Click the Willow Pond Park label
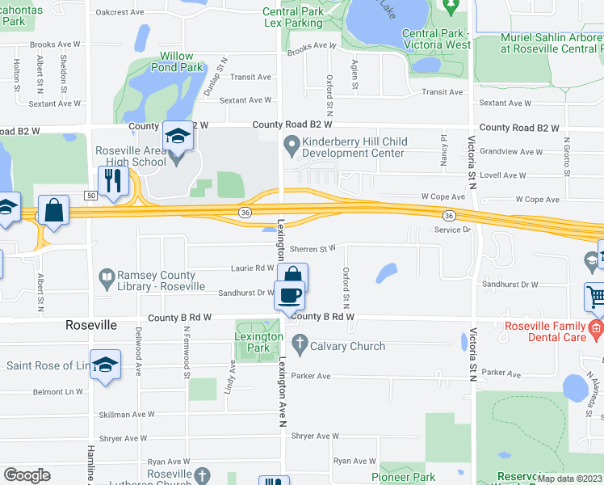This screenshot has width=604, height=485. coord(176,62)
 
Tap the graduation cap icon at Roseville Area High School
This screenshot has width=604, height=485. coord(177,136)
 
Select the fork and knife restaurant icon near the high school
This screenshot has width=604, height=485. coord(113,180)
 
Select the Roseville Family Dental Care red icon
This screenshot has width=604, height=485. coord(596,328)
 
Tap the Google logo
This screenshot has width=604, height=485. coord(27,475)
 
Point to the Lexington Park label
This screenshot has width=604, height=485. coord(258,342)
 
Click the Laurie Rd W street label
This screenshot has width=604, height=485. coord(252,268)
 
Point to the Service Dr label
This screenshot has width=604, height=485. coord(452,230)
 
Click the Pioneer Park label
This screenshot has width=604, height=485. coord(408,477)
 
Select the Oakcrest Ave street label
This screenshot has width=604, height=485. coord(119,12)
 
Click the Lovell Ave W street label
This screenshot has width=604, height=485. coord(502,175)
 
